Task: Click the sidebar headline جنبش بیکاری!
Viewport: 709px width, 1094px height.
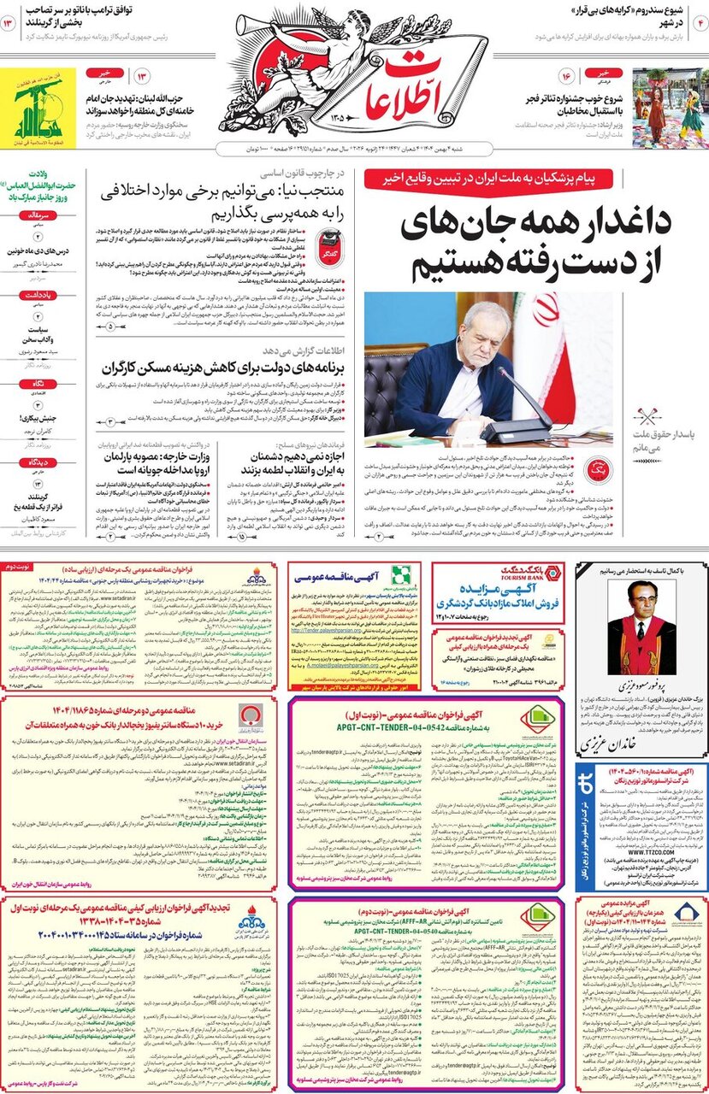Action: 43,419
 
